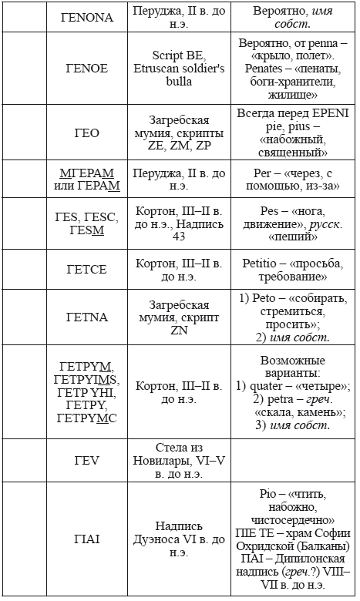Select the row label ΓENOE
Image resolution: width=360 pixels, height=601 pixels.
click(x=87, y=68)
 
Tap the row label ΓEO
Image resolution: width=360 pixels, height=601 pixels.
click(x=87, y=133)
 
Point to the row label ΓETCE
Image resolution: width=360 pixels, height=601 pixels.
click(x=87, y=269)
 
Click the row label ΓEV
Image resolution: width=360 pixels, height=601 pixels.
click(x=87, y=461)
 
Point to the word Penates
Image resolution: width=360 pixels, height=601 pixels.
click(x=262, y=68)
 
